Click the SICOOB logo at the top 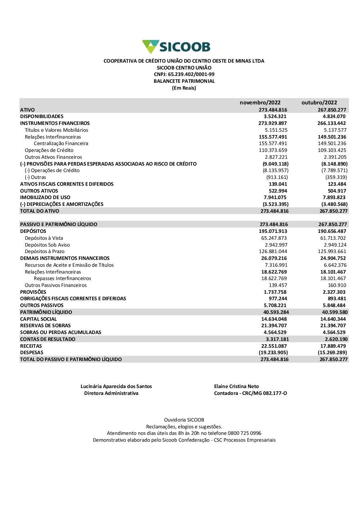coord(176,47)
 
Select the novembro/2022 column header coord(260,103)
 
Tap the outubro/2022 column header coord(319,103)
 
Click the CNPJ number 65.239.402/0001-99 coord(191,75)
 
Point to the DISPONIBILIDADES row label coord(42,117)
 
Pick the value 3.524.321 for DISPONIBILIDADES coord(275,117)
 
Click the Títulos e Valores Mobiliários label coord(57,130)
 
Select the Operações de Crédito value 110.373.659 coord(273,150)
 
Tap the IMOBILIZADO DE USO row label coord(45,198)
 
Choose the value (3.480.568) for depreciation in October coord(334,204)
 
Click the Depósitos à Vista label coord(44,238)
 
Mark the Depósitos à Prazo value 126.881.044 coord(273,252)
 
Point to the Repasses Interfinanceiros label coord(62,279)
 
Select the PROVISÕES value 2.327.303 coord(334,292)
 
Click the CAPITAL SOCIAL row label coord(39,319)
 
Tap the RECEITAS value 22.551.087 coord(274,346)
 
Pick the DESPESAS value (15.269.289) coord(332,353)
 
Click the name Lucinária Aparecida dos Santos coord(116,387)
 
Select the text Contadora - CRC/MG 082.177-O coord(251,393)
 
